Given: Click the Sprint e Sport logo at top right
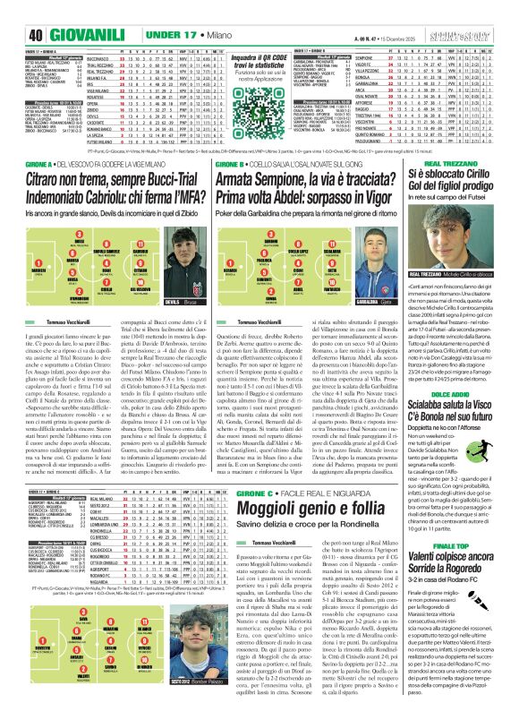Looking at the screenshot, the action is [489, 11].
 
